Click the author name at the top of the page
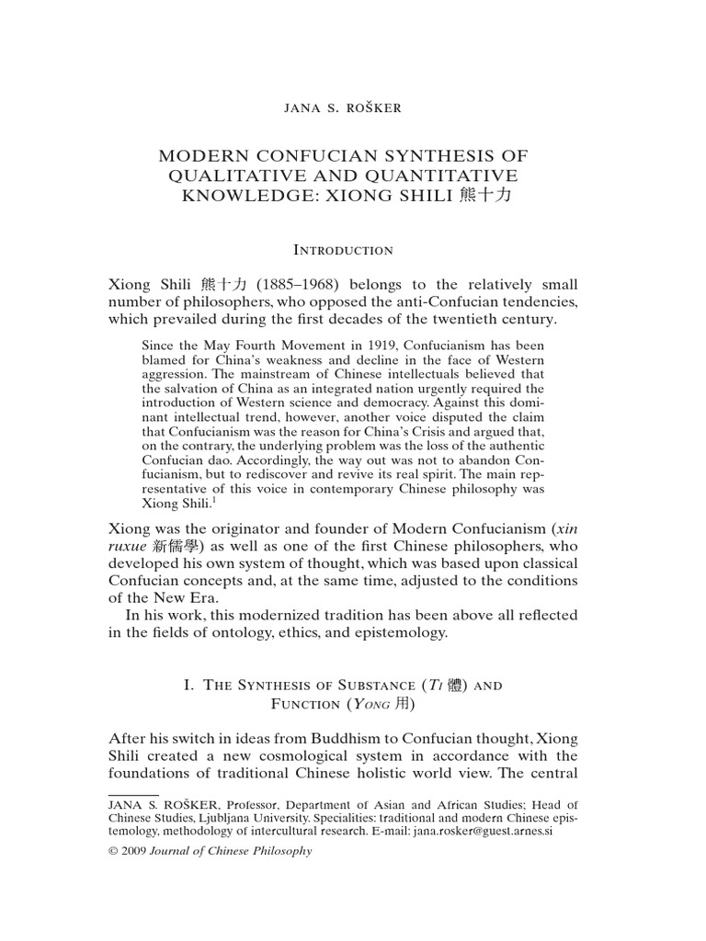click(342, 108)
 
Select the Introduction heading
click(342, 250)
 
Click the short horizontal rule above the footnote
click(133, 794)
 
